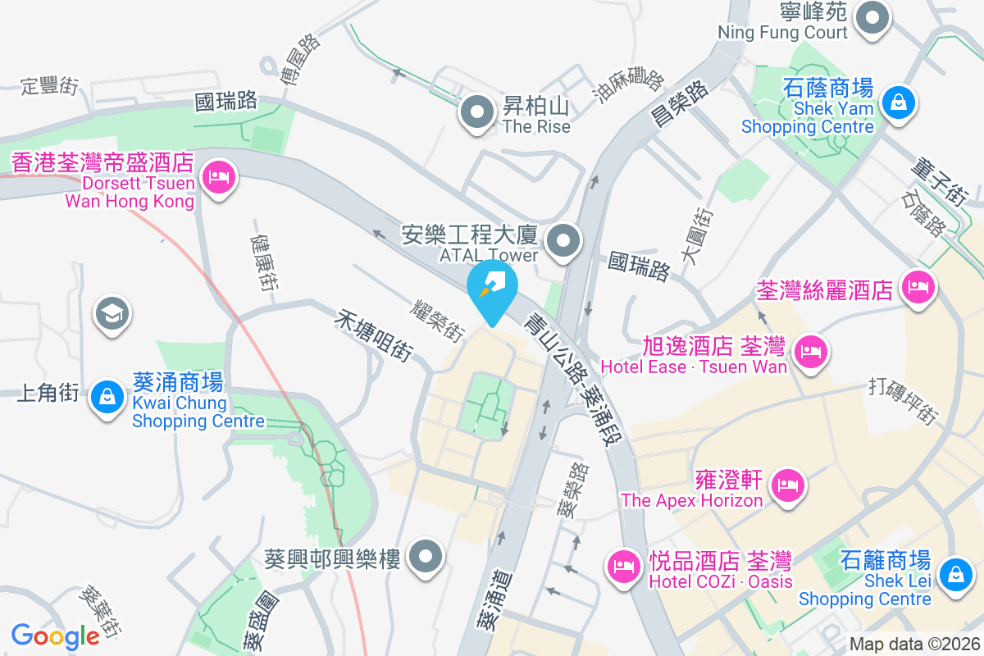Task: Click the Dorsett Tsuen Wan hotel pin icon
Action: (x=218, y=177)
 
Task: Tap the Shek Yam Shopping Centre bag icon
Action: (x=899, y=103)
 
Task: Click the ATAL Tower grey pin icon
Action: (x=563, y=242)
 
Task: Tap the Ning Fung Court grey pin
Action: (x=873, y=18)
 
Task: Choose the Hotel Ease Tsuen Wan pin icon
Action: (x=810, y=353)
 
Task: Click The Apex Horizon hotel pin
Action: (x=788, y=485)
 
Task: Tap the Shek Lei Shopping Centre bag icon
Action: (x=954, y=572)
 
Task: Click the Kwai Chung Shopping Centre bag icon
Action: (x=107, y=397)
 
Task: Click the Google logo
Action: (x=55, y=635)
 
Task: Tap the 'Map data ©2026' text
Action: (x=913, y=644)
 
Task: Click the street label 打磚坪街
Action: (x=904, y=401)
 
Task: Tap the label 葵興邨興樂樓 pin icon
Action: (x=426, y=557)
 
